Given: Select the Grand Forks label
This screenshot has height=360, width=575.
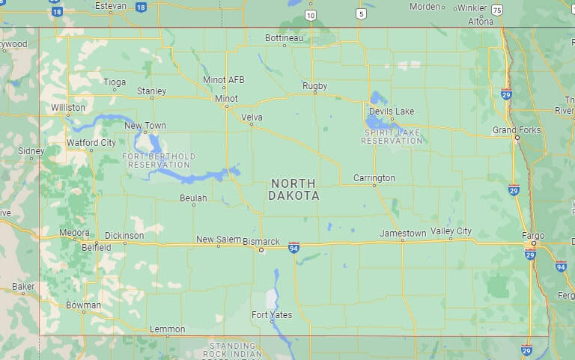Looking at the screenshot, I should [x=516, y=130].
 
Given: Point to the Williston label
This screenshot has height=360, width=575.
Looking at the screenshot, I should [x=68, y=108].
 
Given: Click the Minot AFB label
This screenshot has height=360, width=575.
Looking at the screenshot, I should [x=223, y=80].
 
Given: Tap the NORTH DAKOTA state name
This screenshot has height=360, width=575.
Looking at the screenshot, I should [x=293, y=189].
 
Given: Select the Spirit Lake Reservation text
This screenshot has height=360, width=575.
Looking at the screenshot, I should [x=393, y=136].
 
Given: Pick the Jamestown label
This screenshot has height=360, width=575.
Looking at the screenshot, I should [x=403, y=234].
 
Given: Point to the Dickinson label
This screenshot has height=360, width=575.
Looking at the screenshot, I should [x=124, y=236].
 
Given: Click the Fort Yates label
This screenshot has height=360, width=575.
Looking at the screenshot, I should [x=272, y=314].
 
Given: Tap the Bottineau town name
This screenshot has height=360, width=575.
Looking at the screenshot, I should [x=285, y=37].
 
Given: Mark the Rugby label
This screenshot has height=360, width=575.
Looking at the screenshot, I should [x=314, y=86].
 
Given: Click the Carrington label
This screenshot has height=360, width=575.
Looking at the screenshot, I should [x=374, y=178].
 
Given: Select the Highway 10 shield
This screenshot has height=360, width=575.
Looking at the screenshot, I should [x=311, y=14].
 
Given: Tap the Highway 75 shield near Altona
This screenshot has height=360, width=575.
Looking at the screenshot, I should [x=497, y=10].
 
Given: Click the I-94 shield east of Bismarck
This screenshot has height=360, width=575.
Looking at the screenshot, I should [x=293, y=246].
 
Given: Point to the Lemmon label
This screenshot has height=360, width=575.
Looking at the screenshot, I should [x=167, y=329].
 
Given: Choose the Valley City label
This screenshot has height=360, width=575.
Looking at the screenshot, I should [x=451, y=231].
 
